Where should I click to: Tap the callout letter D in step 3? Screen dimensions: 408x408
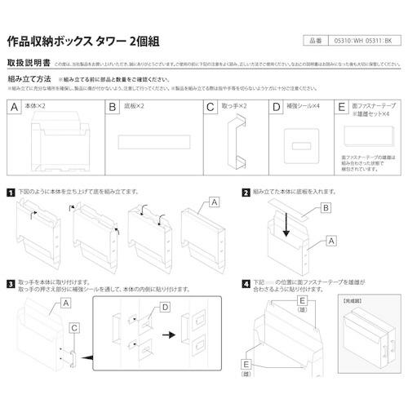165,308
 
